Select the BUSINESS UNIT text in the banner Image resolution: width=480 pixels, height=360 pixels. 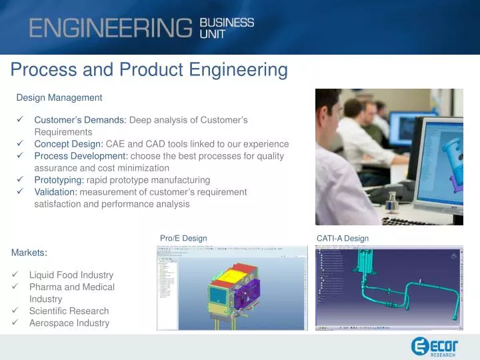(227, 28)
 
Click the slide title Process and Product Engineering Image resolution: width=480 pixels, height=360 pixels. (149, 69)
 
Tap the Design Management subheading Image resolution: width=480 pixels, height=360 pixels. (59, 97)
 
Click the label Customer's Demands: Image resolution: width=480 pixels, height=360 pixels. (80, 120)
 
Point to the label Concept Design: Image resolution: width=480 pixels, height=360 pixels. (69, 144)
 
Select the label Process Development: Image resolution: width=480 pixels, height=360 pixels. (81, 156)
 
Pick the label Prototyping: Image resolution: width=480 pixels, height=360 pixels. (59, 180)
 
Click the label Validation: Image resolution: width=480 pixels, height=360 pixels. (56, 192)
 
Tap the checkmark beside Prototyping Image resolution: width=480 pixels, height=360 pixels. (20, 180)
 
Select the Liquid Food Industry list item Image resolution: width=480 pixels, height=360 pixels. (71, 275)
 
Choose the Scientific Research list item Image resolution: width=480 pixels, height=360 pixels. (69, 311)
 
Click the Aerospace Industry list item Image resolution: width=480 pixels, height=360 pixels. (69, 323)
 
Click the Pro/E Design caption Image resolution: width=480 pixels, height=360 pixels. (183, 238)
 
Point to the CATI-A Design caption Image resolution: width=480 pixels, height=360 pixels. (343, 238)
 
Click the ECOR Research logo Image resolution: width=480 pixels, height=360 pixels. (434, 346)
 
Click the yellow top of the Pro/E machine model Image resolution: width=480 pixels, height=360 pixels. (233, 273)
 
